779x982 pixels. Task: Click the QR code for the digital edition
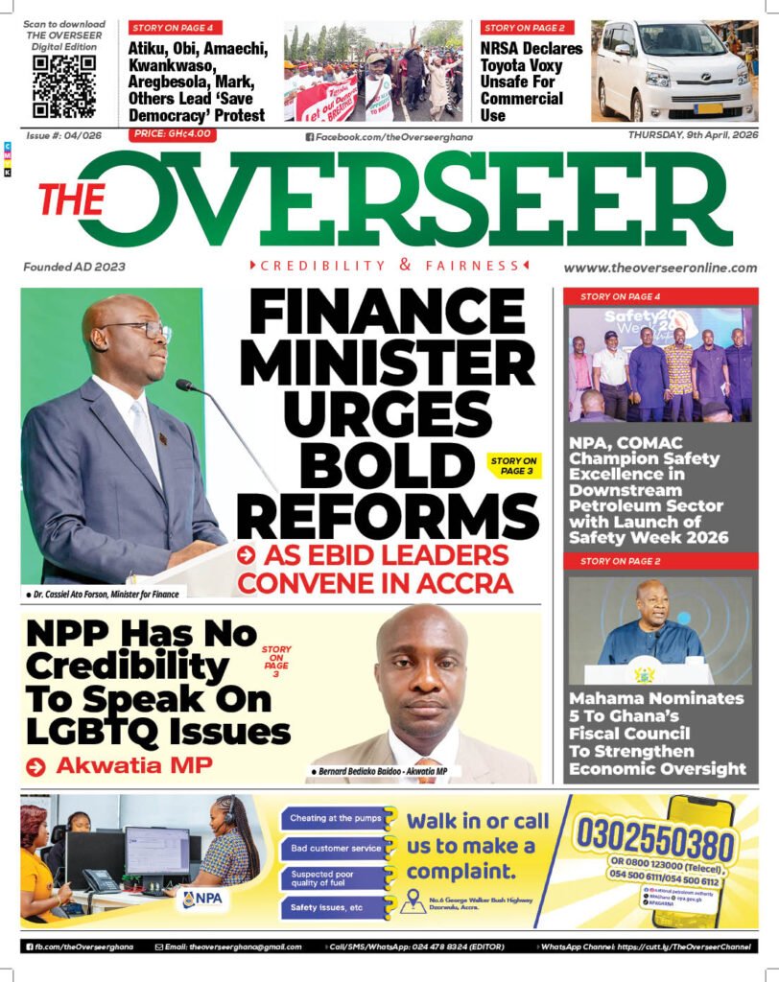tap(64, 86)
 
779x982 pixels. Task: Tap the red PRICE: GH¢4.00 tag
tap(173, 134)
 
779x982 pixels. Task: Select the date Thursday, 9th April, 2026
tap(693, 135)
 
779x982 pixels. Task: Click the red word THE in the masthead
tap(71, 200)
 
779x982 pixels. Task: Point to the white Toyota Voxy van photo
tap(673, 71)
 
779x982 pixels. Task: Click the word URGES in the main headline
tap(388, 417)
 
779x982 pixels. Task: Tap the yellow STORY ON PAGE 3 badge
tap(513, 467)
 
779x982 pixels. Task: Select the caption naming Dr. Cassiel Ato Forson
tap(103, 595)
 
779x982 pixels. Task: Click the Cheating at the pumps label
tap(332, 818)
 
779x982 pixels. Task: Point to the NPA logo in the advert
tap(202, 899)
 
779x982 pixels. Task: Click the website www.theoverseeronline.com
tap(660, 269)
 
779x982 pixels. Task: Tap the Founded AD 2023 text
tap(74, 267)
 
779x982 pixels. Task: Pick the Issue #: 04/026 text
tap(63, 135)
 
